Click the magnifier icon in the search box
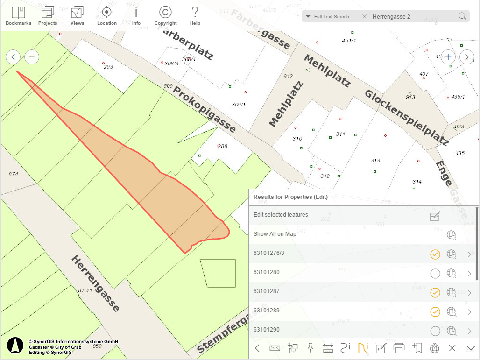coord(462,17)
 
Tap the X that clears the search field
coord(364,17)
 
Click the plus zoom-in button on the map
coord(448,57)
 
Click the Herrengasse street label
coord(95,283)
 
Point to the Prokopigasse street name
coord(205,109)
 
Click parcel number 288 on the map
coord(223,146)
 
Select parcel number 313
coord(375,161)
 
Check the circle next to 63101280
coord(435,274)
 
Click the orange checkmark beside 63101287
coord(435,293)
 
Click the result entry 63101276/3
coord(268,253)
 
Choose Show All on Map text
coord(275,234)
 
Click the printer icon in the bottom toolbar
coord(399,348)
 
